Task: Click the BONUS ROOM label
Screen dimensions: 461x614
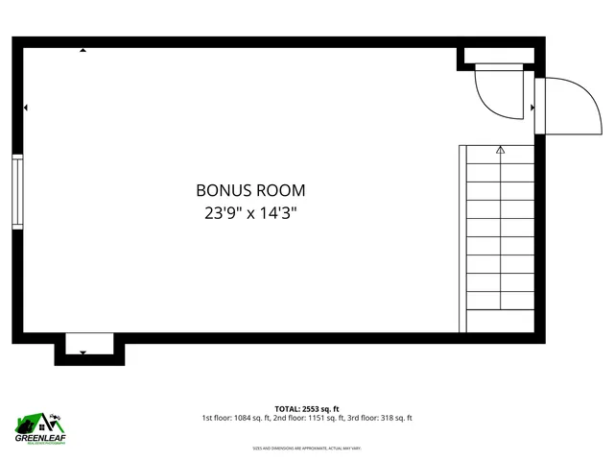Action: click(x=250, y=191)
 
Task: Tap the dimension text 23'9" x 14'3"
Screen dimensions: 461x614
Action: click(x=250, y=213)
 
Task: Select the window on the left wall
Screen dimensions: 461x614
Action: click(x=16, y=191)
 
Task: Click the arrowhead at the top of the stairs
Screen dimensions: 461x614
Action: click(x=500, y=150)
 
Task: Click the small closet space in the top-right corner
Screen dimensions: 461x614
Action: click(x=495, y=59)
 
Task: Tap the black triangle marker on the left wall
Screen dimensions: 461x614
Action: click(x=26, y=108)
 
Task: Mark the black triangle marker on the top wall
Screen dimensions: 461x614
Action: click(x=83, y=51)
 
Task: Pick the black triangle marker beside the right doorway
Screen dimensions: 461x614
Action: click(x=532, y=108)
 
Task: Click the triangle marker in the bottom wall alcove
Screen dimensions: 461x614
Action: click(x=83, y=352)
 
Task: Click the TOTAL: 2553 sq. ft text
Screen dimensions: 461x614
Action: click(x=307, y=408)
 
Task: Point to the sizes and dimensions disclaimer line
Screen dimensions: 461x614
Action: click(x=307, y=449)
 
